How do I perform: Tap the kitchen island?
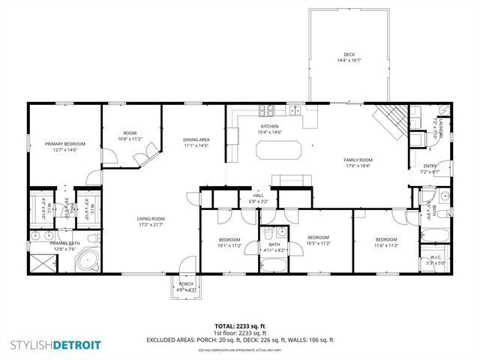[x=279, y=150]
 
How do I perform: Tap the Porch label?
[x=184, y=286]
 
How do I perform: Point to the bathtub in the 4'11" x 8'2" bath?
[x=273, y=264]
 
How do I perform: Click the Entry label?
[x=430, y=169]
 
